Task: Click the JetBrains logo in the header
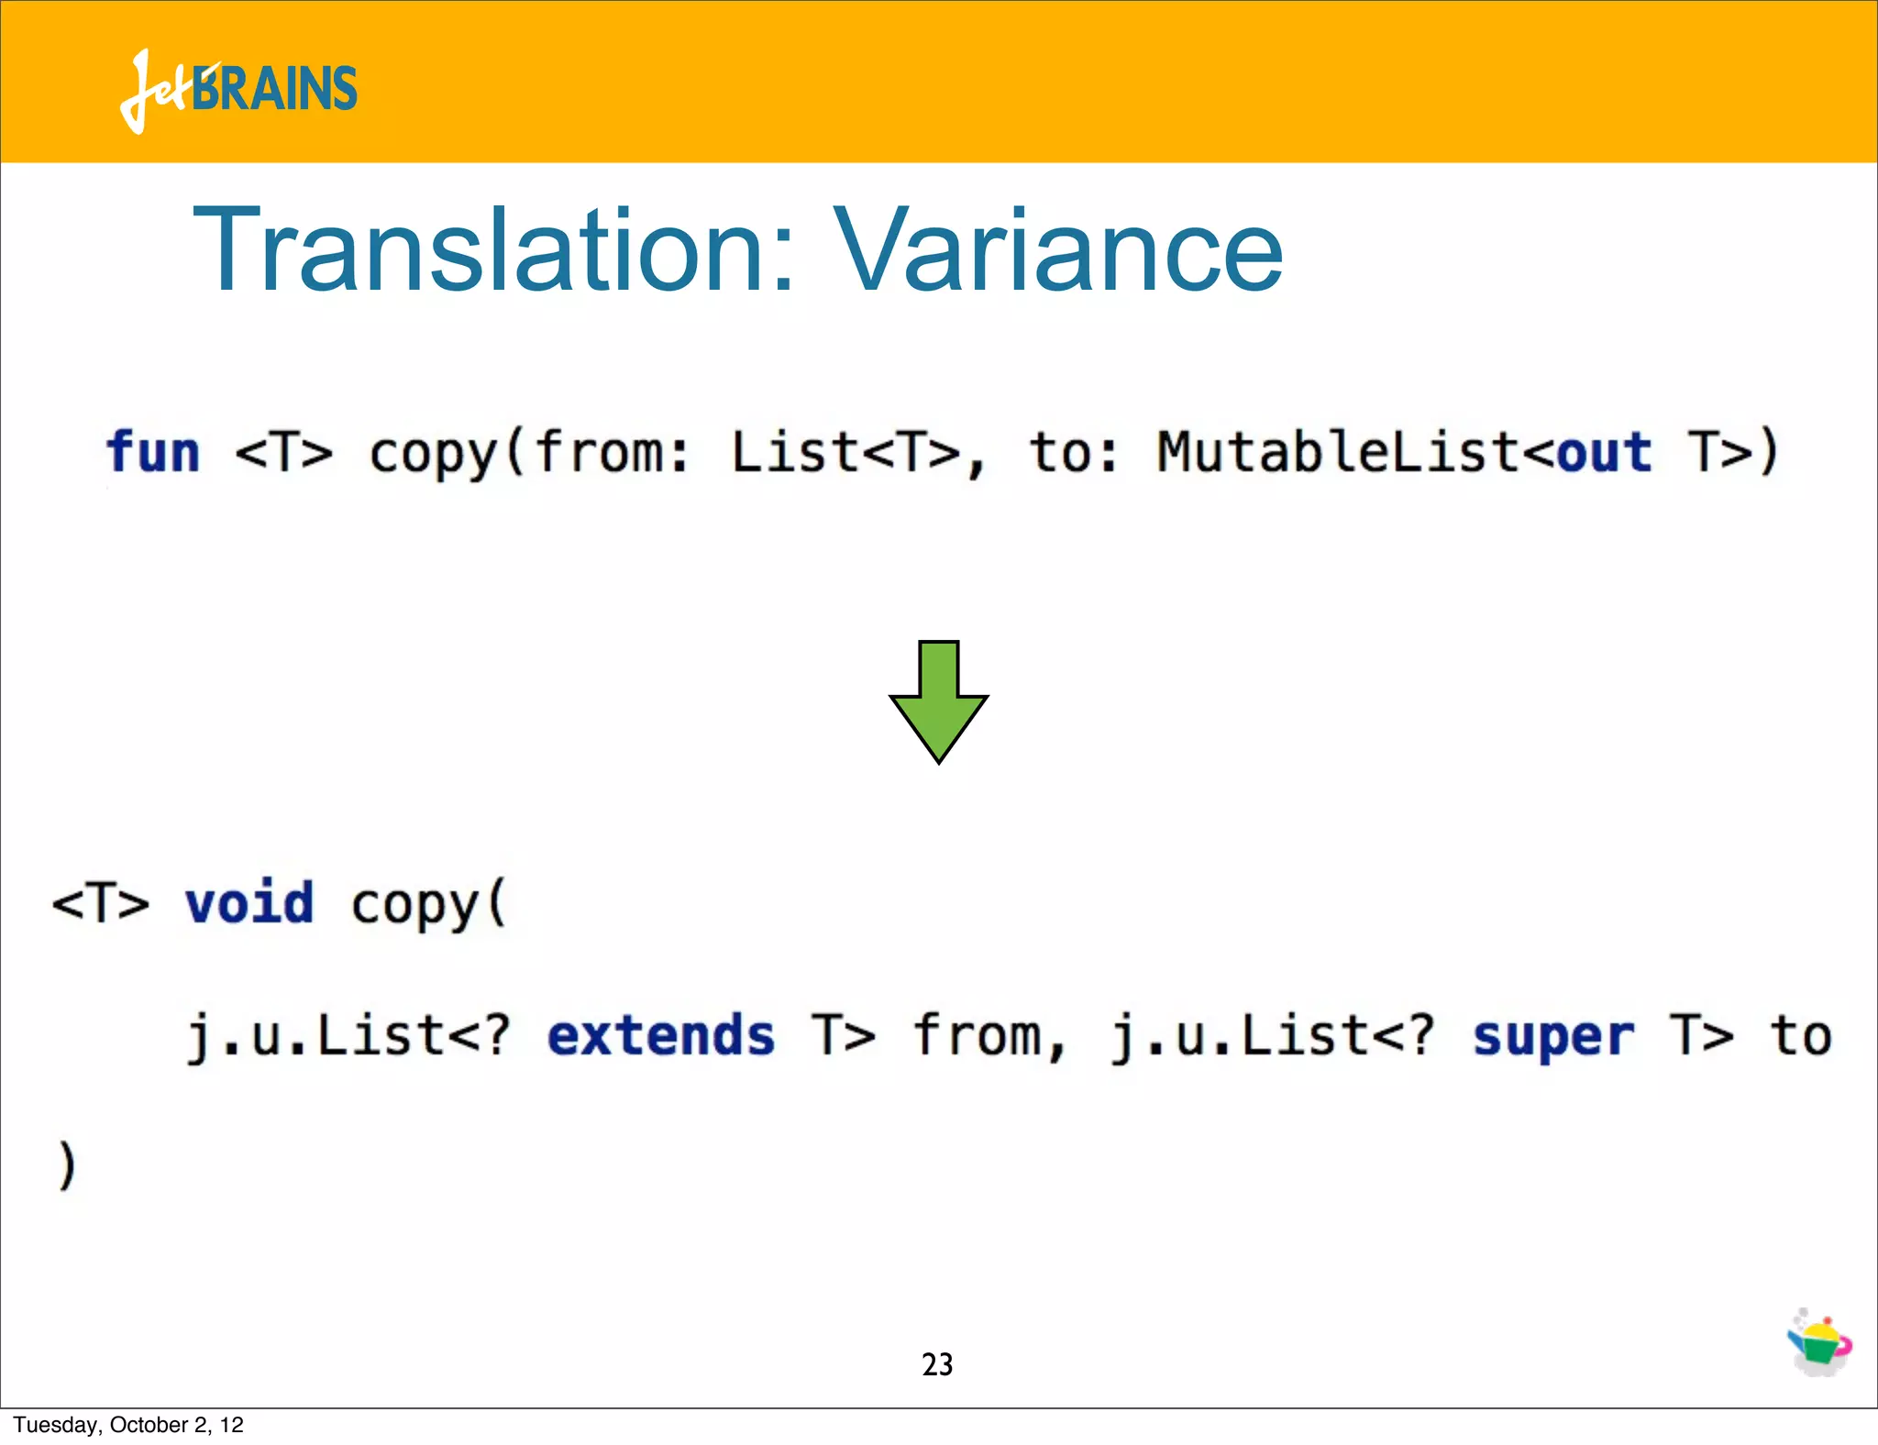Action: pos(238,90)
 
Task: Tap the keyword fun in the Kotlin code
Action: pos(152,452)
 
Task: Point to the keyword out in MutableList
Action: pos(1605,452)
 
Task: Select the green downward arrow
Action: pos(938,701)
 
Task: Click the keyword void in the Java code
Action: pos(249,903)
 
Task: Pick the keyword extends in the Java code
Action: pos(661,1036)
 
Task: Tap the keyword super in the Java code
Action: pos(1552,1036)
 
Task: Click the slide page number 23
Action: pos(937,1364)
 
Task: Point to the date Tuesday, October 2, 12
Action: pos(128,1425)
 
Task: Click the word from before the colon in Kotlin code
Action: pos(602,452)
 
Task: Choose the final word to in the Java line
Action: pos(1801,1036)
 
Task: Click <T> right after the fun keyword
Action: pos(284,452)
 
